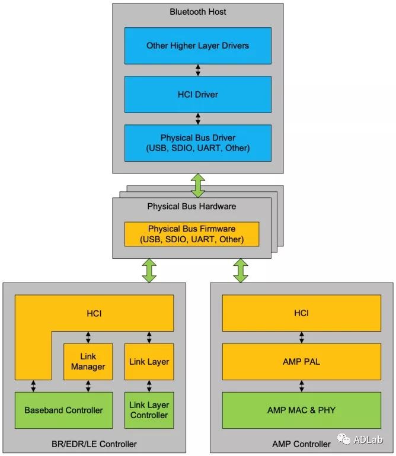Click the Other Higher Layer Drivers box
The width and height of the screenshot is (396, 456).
coord(197,46)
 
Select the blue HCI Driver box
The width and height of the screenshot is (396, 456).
coord(197,94)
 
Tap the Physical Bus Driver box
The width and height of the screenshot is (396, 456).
coord(197,143)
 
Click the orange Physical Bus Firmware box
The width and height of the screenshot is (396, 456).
coord(191,234)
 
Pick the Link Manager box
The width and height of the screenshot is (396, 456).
coord(88,361)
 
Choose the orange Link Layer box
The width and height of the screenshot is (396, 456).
coord(149,361)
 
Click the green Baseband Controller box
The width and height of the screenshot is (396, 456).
coord(63,410)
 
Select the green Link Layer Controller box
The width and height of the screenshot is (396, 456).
coord(149,410)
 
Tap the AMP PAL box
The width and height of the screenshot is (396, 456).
coord(301,361)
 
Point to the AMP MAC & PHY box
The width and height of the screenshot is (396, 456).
coord(301,410)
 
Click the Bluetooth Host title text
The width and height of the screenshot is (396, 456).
coord(197,12)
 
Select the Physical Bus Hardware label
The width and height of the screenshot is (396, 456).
coord(191,206)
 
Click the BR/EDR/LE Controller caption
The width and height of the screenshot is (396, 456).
coord(94,444)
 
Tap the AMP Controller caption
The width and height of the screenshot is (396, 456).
coord(301,444)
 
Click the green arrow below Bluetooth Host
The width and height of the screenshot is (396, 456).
coord(198,185)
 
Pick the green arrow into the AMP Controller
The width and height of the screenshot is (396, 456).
coord(241,270)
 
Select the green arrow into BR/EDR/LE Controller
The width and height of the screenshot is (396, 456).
coord(149,270)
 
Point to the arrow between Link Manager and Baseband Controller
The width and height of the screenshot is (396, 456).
coord(88,386)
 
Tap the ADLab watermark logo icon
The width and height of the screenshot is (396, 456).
coord(344,439)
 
